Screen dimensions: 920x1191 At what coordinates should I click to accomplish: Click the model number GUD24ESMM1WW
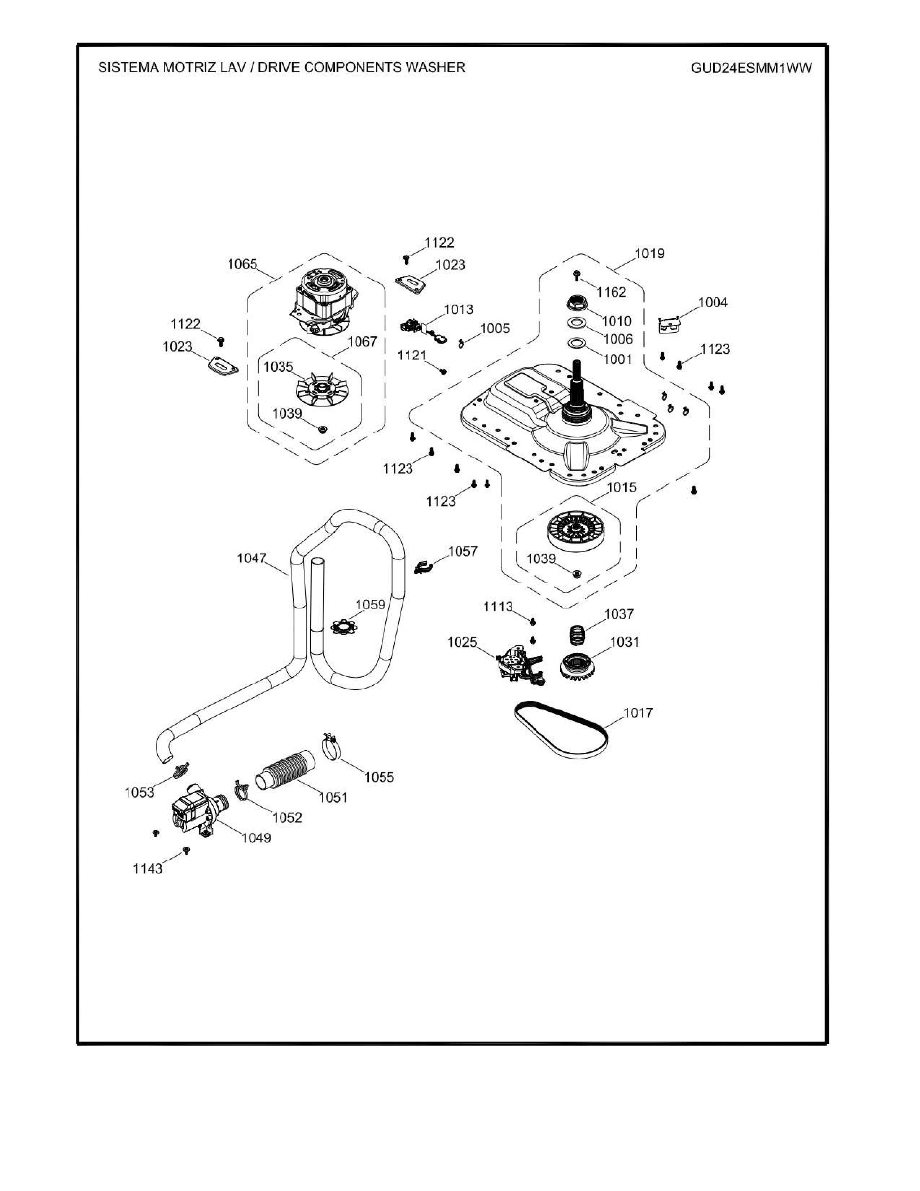tap(751, 68)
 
